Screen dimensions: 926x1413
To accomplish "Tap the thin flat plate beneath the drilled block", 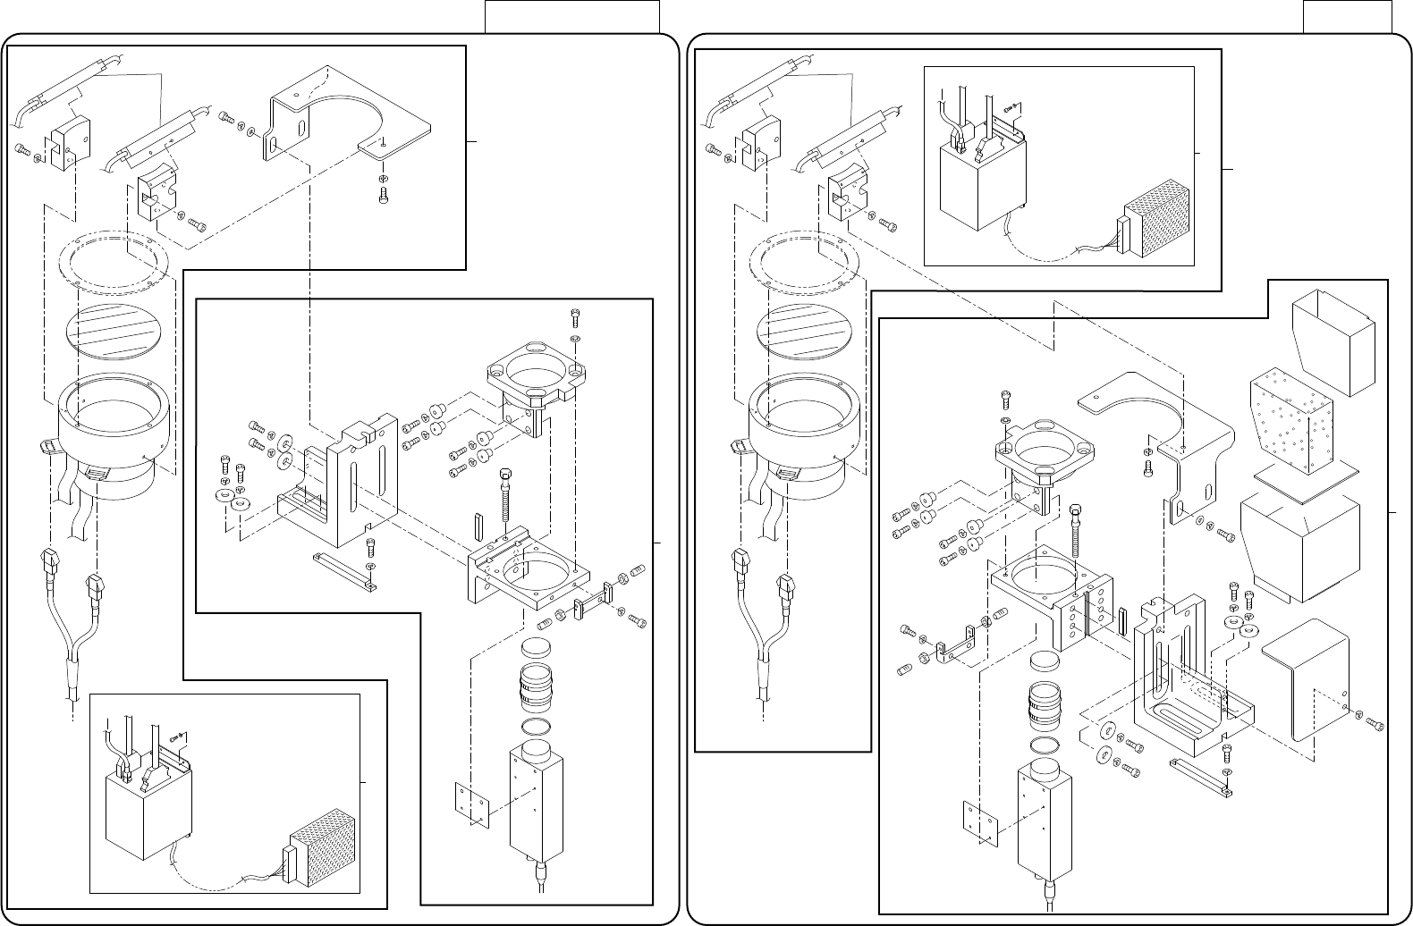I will [1306, 480].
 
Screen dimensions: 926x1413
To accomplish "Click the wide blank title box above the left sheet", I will [571, 16].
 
